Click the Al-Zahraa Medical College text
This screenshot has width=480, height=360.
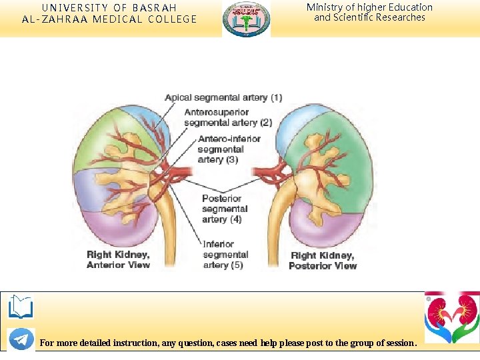(109, 19)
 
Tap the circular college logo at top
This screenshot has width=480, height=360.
(247, 19)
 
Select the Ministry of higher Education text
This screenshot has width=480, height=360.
(369, 7)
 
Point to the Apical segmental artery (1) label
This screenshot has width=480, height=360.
(223, 97)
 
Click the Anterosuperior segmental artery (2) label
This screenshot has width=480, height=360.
(228, 117)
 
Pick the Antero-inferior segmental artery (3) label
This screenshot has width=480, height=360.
(229, 149)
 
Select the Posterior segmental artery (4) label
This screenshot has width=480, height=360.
(225, 209)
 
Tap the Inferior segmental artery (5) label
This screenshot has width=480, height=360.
(225, 255)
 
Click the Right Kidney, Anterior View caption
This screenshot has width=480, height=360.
(118, 260)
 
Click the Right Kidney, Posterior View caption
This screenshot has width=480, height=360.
(323, 261)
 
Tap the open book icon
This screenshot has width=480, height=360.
(21, 307)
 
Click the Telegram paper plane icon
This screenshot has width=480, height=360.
(21, 339)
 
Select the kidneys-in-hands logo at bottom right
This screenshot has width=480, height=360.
(452, 317)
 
